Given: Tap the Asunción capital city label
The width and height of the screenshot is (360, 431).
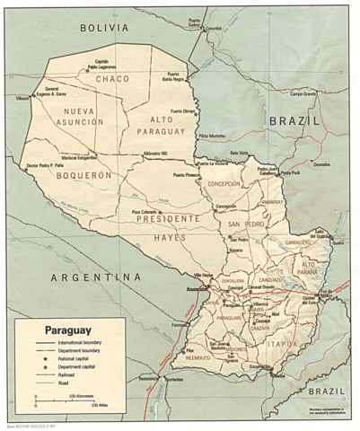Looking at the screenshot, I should click(x=197, y=291).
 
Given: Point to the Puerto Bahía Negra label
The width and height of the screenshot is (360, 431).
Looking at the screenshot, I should click(x=180, y=76).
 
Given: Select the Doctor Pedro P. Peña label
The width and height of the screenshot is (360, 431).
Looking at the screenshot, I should click(x=46, y=165).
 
